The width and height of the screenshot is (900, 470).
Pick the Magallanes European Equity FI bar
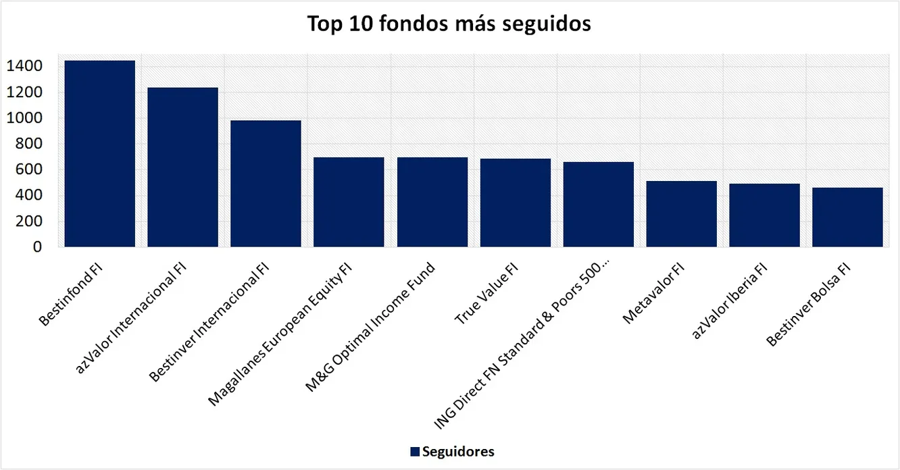pyautogui.click(x=349, y=202)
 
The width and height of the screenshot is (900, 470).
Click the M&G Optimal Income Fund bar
pyautogui.click(x=432, y=202)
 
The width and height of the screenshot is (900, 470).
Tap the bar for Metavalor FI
pyautogui.click(x=682, y=214)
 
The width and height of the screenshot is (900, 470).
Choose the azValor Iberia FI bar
pyautogui.click(x=765, y=215)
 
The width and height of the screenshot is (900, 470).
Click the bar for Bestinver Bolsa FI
pyautogui.click(x=848, y=217)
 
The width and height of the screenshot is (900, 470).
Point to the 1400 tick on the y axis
pyautogui.click(x=25, y=66)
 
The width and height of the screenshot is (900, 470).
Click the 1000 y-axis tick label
pyautogui.click(x=25, y=118)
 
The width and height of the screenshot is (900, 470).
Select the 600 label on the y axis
pyautogui.click(x=30, y=169)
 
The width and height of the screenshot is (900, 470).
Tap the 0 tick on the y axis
pyautogui.click(x=38, y=247)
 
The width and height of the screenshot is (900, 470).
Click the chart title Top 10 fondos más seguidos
pyautogui.click(x=449, y=24)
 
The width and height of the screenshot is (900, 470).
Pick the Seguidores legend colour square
pyautogui.click(x=414, y=452)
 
